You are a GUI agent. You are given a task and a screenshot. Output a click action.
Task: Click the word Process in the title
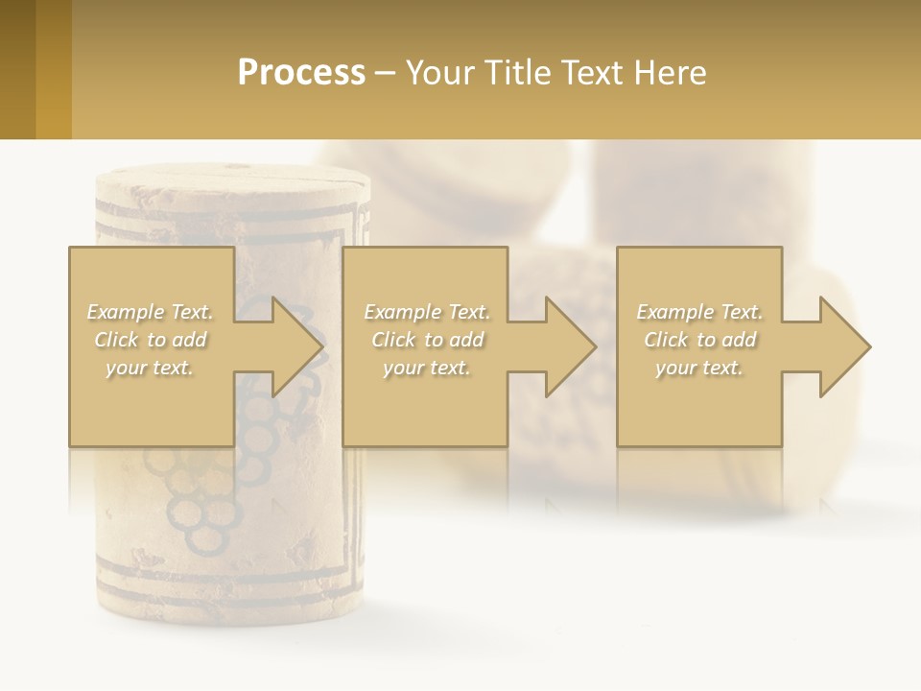pyautogui.click(x=301, y=73)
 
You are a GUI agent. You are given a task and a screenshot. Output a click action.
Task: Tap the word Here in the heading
pyautogui.click(x=669, y=73)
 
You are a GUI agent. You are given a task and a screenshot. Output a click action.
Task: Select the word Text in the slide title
pyautogui.click(x=594, y=73)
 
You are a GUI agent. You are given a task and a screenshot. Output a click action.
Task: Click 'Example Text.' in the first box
pyautogui.click(x=150, y=312)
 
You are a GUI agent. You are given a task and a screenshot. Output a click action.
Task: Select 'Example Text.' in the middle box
pyautogui.click(x=427, y=312)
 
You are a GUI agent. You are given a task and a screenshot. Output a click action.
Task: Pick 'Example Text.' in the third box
pyautogui.click(x=699, y=312)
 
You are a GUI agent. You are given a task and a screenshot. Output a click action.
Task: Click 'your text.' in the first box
pyautogui.click(x=150, y=368)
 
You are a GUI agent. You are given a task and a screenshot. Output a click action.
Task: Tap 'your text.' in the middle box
pyautogui.click(x=427, y=368)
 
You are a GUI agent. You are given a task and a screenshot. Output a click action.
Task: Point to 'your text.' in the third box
pyautogui.click(x=699, y=368)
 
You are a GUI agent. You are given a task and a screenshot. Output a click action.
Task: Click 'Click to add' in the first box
pyautogui.click(x=150, y=340)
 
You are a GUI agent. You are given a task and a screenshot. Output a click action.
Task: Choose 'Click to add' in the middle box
pyautogui.click(x=427, y=340)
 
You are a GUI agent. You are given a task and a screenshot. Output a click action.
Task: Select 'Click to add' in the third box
pyautogui.click(x=699, y=340)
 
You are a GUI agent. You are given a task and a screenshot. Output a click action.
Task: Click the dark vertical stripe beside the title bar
pyautogui.click(x=17, y=69)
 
